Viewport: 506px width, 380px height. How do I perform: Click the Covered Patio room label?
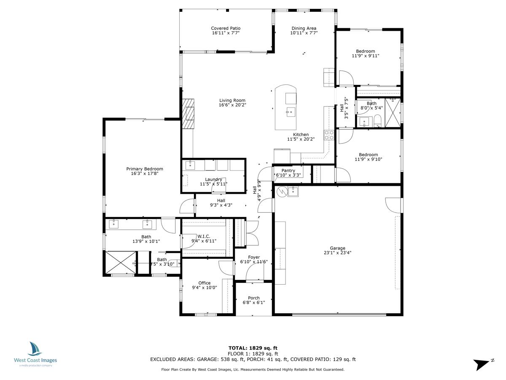pos(226,28)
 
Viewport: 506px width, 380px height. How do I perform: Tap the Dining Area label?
pos(304,28)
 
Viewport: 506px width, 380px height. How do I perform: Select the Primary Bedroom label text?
pos(145,169)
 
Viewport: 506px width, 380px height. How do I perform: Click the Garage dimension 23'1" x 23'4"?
pos(337,253)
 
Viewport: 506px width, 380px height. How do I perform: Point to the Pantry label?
pos(288,171)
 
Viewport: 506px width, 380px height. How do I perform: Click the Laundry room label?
pos(213,179)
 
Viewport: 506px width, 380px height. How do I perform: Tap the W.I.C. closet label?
pos(204,236)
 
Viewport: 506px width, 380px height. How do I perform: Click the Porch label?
pos(254,298)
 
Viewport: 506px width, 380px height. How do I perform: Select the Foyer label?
pos(254,257)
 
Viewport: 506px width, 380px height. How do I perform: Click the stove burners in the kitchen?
pos(329,135)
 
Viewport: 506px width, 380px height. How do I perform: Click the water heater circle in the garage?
pos(282,192)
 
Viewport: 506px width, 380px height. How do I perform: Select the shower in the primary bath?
pos(121,263)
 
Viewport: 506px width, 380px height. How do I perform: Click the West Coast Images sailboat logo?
pos(35,349)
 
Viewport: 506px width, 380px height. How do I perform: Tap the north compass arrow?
pos(482,364)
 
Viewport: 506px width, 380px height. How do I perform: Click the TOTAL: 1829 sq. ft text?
pos(253,347)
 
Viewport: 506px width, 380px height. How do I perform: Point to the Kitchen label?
pos(301,135)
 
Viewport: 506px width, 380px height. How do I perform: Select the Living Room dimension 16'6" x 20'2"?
pos(232,105)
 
